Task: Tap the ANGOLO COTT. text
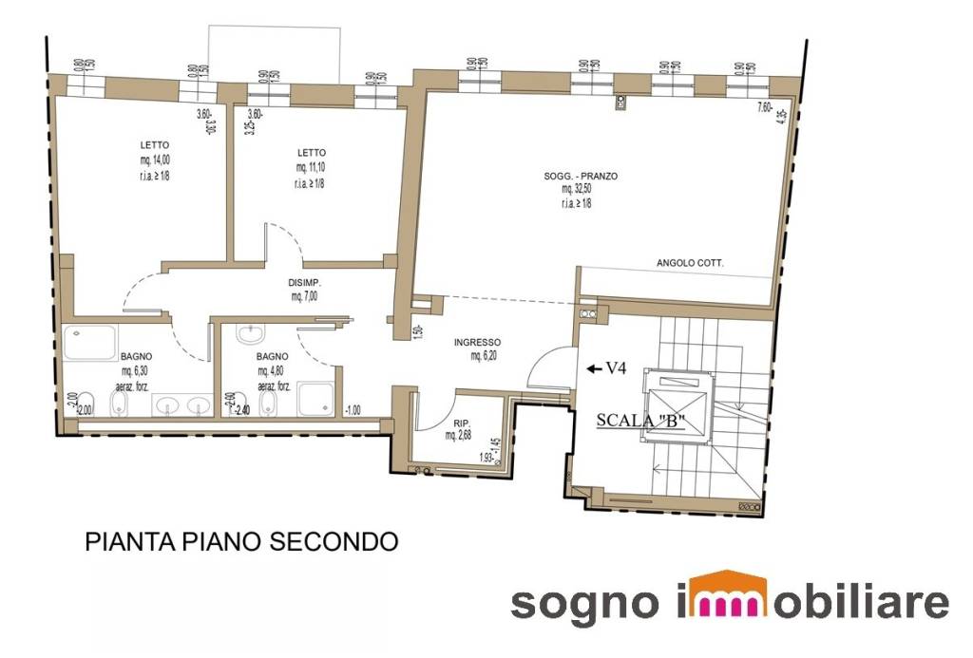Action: (x=690, y=263)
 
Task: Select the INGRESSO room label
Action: (x=477, y=342)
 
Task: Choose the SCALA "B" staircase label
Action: (x=640, y=420)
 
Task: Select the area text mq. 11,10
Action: (x=312, y=167)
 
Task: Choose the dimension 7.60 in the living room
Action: (x=763, y=107)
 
